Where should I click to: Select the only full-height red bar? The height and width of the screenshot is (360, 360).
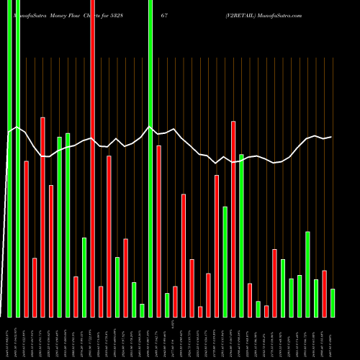click(x=92, y=158)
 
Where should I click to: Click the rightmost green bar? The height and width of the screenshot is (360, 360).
click(x=333, y=302)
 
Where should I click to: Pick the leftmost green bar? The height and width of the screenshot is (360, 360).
click(x=9, y=158)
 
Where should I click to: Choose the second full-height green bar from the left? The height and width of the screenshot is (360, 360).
click(x=18, y=158)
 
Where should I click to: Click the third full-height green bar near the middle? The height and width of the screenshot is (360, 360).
click(x=150, y=158)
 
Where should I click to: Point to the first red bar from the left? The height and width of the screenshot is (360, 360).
click(x=26, y=238)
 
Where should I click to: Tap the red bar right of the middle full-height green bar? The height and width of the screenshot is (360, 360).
click(x=158, y=231)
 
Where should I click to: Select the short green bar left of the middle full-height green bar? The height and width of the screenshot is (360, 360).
click(x=142, y=310)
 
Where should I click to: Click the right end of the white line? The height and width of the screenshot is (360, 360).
click(x=331, y=137)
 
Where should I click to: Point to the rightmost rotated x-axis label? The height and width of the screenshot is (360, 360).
click(x=333, y=338)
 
